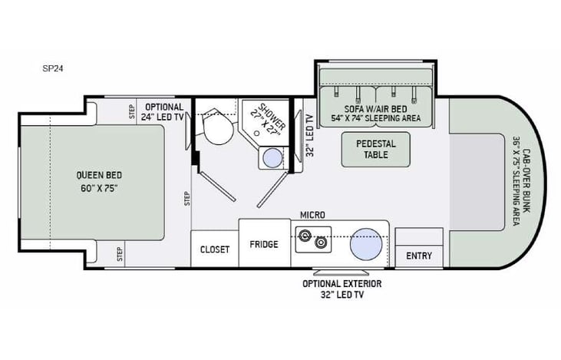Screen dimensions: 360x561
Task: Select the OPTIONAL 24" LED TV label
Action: (163, 112)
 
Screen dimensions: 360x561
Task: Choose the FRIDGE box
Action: (263, 244)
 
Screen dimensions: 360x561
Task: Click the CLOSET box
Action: (215, 249)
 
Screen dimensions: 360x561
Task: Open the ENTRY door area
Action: (419, 256)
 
